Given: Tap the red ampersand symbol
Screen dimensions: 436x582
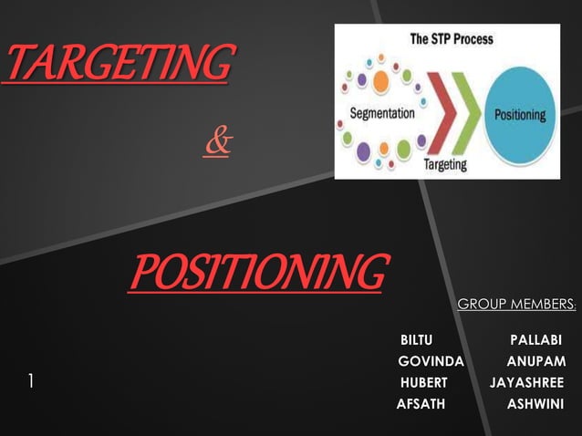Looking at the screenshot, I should coord(218,143).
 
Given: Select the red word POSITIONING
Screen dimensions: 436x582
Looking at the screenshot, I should coord(257,270).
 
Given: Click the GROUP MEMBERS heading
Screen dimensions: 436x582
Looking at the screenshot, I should coord(515,303).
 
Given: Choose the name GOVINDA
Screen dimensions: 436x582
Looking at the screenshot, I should coord(431,360).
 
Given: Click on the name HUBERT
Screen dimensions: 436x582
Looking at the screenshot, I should coord(423,381).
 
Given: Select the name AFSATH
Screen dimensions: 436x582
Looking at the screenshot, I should coord(421,403).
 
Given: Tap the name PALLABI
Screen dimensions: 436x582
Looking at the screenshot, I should coord(535,340).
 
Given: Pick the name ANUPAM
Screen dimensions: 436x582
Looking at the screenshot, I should coord(535,360).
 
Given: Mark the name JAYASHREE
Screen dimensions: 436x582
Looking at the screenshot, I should coord(526,381).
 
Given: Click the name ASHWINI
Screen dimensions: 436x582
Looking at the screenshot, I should coord(535,403).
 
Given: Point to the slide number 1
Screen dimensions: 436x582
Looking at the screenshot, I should coord(30,381).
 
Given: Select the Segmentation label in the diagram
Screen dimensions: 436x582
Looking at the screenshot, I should coord(382,115).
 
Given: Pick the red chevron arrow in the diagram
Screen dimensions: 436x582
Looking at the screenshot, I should coord(437,114).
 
